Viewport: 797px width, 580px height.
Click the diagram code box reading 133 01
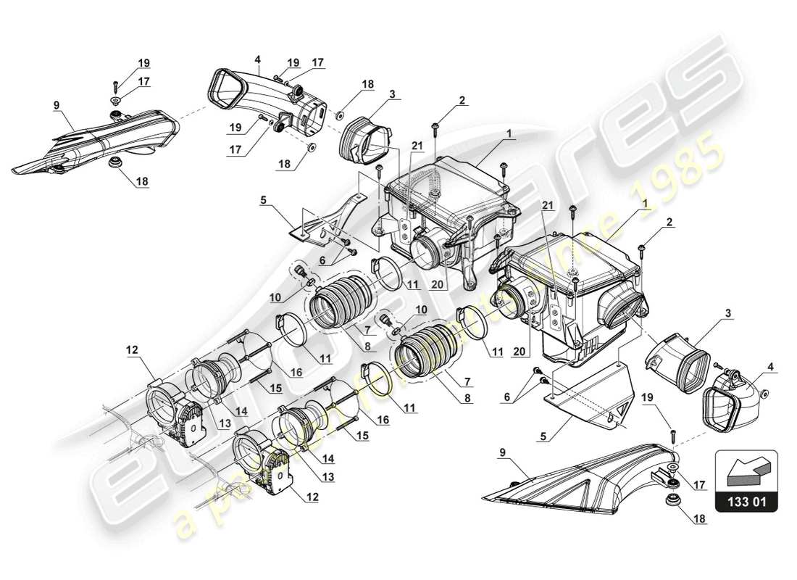click(746, 501)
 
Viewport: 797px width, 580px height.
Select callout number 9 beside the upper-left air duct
click(56, 105)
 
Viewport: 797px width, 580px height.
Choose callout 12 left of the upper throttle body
click(131, 350)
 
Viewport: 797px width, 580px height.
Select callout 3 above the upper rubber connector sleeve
click(391, 94)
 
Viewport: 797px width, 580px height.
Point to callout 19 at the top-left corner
click(144, 62)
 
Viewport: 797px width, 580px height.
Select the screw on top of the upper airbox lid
click(434, 128)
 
